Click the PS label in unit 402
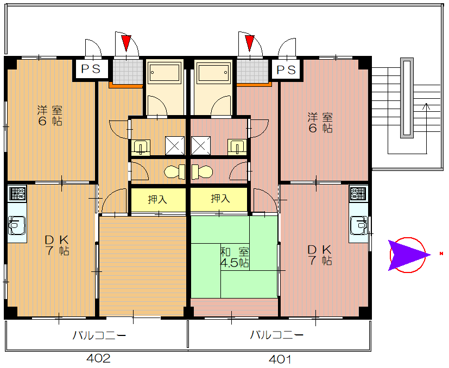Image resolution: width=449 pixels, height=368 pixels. click(91, 69)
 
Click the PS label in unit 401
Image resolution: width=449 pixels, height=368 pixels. click(286, 70)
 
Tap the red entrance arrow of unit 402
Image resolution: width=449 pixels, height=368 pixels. click(126, 43)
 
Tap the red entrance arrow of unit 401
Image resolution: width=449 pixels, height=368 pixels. click(250, 43)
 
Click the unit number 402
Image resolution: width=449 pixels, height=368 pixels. click(98, 358)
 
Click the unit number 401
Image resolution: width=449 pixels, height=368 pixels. click(280, 359)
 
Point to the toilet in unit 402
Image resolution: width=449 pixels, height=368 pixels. click(175, 172)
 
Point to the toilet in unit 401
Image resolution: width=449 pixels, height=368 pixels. click(202, 172)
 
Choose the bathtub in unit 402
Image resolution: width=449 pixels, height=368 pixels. click(165, 73)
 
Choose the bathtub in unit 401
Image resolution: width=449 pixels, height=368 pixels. click(213, 73)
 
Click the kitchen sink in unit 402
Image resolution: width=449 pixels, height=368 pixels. click(17, 225)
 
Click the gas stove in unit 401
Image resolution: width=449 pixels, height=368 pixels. click(358, 194)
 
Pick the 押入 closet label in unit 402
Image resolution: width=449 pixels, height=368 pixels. click(157, 199)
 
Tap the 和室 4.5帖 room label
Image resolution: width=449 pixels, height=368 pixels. click(235, 257)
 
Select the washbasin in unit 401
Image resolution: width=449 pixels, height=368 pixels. click(237, 147)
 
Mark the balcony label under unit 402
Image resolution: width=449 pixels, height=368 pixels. click(99, 335)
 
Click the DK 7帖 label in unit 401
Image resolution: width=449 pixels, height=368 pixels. click(320, 255)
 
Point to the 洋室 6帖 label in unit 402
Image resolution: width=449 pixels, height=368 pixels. click(50, 116)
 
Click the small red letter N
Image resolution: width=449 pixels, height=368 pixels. click(441, 253)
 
